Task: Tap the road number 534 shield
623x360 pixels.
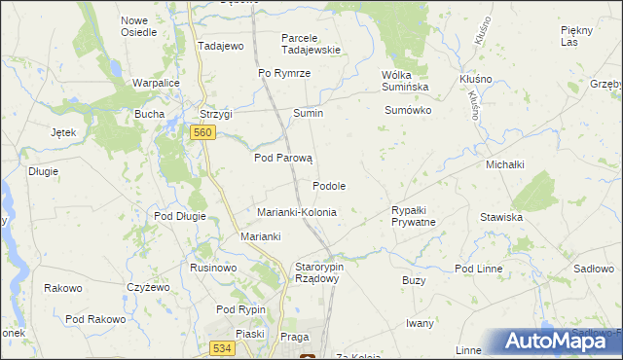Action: tap(223, 346)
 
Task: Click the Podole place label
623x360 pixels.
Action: tap(329, 185)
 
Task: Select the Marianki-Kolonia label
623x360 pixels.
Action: tap(296, 211)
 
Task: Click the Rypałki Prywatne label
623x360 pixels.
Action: tap(413, 216)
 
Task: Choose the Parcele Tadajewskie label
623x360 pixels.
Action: tap(311, 44)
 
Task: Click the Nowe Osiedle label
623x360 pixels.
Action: tap(138, 25)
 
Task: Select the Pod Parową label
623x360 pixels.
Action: tap(282, 157)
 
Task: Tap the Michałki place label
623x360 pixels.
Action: tap(505, 164)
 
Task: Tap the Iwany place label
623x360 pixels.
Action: tap(419, 323)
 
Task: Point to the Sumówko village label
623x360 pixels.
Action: tap(408, 111)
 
